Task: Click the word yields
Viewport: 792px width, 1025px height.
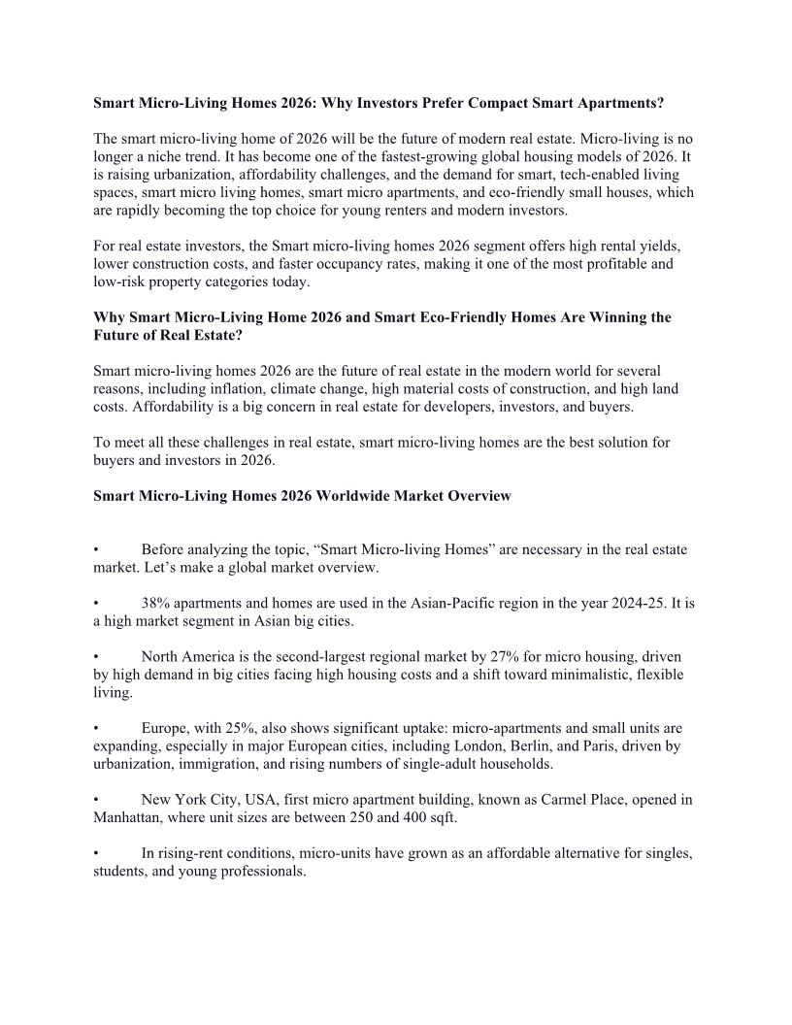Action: point(649,247)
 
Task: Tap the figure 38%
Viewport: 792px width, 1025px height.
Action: point(157,603)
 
